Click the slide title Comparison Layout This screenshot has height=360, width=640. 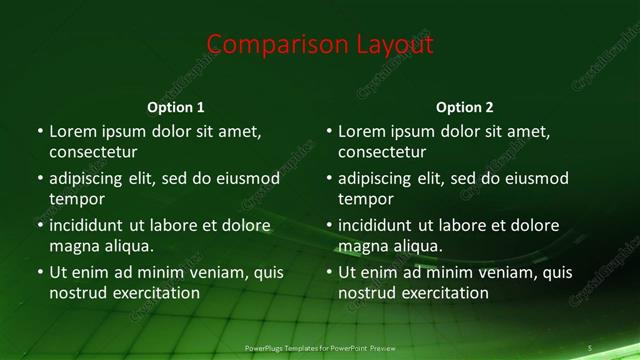point(320,45)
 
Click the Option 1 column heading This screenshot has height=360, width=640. point(176,107)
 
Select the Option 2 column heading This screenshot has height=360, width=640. point(465,107)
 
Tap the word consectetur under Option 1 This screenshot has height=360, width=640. point(93,152)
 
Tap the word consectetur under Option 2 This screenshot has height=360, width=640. point(382,152)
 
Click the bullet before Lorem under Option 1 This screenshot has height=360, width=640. point(40,132)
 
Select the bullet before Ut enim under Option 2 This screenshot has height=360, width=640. point(329,272)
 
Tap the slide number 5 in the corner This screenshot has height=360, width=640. point(590,348)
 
